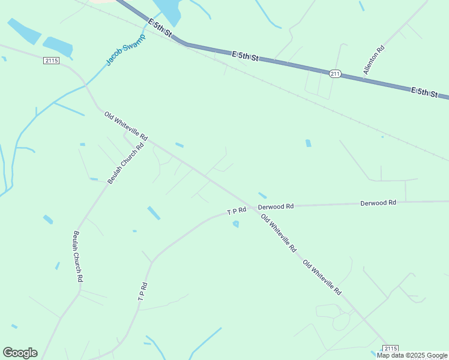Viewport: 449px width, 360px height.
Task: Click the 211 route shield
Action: [335, 73]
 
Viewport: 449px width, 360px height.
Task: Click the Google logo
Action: [20, 353]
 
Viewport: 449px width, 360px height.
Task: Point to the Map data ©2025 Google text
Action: [412, 356]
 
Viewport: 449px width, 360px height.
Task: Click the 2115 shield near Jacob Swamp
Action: [51, 61]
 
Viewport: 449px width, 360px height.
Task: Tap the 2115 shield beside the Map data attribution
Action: [390, 349]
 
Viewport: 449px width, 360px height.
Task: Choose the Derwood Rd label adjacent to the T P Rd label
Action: [276, 206]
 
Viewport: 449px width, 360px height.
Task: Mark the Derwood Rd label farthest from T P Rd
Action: [378, 203]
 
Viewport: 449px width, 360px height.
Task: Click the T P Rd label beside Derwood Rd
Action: [237, 211]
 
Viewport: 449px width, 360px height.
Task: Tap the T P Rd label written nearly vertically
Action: [142, 292]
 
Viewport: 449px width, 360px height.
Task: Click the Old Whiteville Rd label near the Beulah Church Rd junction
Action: [125, 125]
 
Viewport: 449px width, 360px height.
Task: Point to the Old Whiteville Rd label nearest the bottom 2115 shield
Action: [322, 277]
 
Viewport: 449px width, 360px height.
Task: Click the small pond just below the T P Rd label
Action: [236, 224]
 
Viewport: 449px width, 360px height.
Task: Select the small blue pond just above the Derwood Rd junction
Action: [262, 195]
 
